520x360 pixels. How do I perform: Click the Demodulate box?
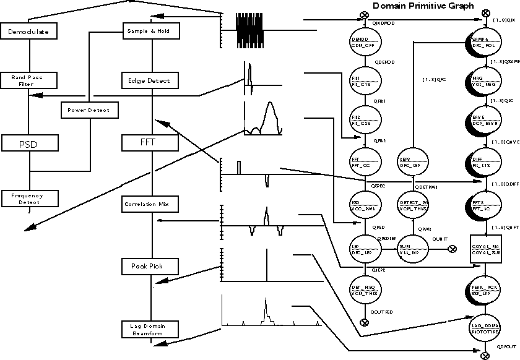coord(28,31)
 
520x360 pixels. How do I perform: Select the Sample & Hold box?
coord(149,30)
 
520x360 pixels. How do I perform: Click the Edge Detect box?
coord(149,80)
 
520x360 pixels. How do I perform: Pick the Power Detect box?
coord(89,110)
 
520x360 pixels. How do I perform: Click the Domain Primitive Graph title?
coord(423,6)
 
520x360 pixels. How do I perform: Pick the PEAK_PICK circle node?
coord(485,290)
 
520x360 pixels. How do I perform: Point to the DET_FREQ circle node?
coord(364,290)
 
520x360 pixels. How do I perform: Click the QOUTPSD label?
coord(382,312)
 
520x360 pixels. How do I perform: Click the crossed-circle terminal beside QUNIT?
coord(453,249)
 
